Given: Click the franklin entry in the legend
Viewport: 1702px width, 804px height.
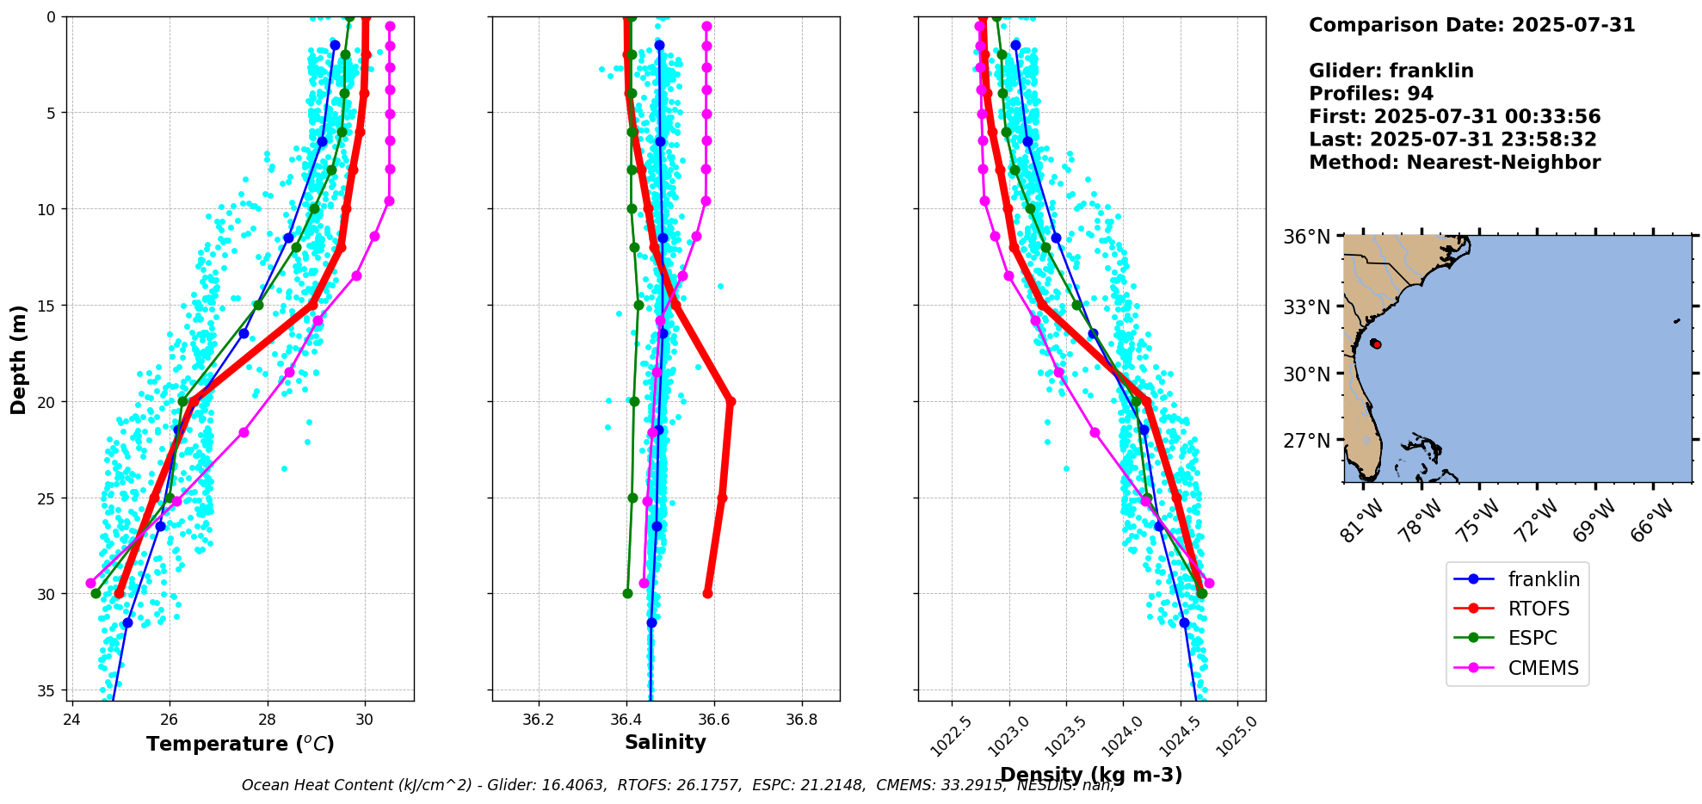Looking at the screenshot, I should click(x=1544, y=579).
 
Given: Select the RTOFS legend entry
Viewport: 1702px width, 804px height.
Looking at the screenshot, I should click(x=1539, y=609).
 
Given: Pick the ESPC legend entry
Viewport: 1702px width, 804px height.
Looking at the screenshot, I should click(x=1532, y=638).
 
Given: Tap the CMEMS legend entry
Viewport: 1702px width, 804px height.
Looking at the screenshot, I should click(x=1543, y=668).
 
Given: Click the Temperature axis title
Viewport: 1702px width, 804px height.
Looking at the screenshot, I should click(x=240, y=744).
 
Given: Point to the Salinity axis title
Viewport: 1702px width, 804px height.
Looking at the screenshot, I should click(x=665, y=742).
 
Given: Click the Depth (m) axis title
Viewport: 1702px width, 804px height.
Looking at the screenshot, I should click(x=18, y=359).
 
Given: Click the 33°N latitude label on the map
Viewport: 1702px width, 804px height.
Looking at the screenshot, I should click(x=1307, y=307).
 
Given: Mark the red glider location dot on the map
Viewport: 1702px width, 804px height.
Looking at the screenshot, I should click(x=1376, y=344).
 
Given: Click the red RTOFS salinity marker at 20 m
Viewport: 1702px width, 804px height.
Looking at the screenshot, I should click(x=731, y=401).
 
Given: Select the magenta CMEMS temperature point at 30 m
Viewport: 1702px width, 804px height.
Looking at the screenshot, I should click(x=90, y=583).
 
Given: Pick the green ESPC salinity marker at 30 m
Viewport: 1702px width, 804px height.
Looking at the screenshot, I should click(x=627, y=593).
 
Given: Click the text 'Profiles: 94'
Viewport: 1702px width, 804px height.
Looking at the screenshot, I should click(x=1371, y=94).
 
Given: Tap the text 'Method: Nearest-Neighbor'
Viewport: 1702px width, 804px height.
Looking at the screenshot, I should click(x=1454, y=163).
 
